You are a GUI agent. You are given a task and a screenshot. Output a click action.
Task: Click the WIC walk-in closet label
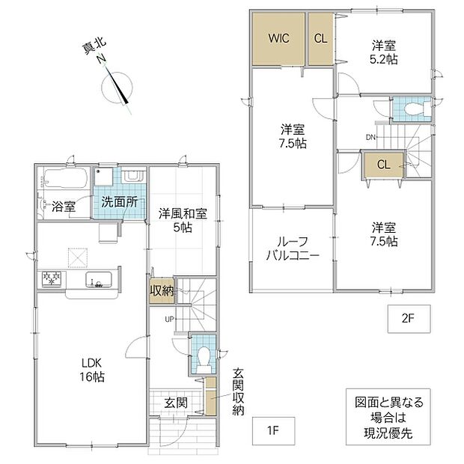pyautogui.click(x=278, y=38)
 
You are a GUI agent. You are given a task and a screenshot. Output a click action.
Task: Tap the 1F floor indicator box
pyautogui.click(x=273, y=431)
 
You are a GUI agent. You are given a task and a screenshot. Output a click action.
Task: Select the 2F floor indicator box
pyautogui.click(x=409, y=319)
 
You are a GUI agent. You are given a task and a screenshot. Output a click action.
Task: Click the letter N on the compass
pyautogui.click(x=102, y=59)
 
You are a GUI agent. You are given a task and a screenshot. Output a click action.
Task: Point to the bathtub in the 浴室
pyautogui.click(x=67, y=177)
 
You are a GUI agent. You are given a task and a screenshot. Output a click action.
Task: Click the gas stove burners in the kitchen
pyautogui.click(x=52, y=278)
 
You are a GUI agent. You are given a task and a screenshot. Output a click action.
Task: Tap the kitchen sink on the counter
pyautogui.click(x=99, y=279)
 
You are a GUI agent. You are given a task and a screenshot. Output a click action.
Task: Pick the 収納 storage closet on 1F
pyautogui.click(x=162, y=291)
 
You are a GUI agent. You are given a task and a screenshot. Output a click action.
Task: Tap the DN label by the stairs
pyautogui.click(x=370, y=137)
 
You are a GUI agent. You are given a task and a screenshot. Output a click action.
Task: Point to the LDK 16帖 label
pyautogui.click(x=92, y=370)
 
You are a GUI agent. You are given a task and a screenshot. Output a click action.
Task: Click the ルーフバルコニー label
pyautogui.click(x=293, y=248)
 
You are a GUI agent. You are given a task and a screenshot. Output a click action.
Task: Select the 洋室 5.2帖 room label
pyautogui.click(x=383, y=52)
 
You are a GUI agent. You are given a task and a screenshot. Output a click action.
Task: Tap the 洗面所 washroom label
pyautogui.click(x=120, y=202)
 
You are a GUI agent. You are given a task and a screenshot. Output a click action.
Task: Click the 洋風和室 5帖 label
pyautogui.click(x=183, y=220)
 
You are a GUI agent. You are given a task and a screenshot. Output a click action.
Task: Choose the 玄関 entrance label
pyautogui.click(x=176, y=403)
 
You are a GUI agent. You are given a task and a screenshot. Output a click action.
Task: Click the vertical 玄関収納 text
pyautogui.click(x=238, y=392)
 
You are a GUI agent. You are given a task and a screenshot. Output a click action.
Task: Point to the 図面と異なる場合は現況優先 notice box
pyautogui.click(x=388, y=417)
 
